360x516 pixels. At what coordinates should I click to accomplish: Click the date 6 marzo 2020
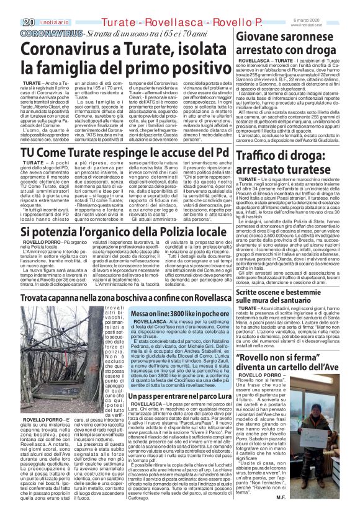point(340,5)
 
